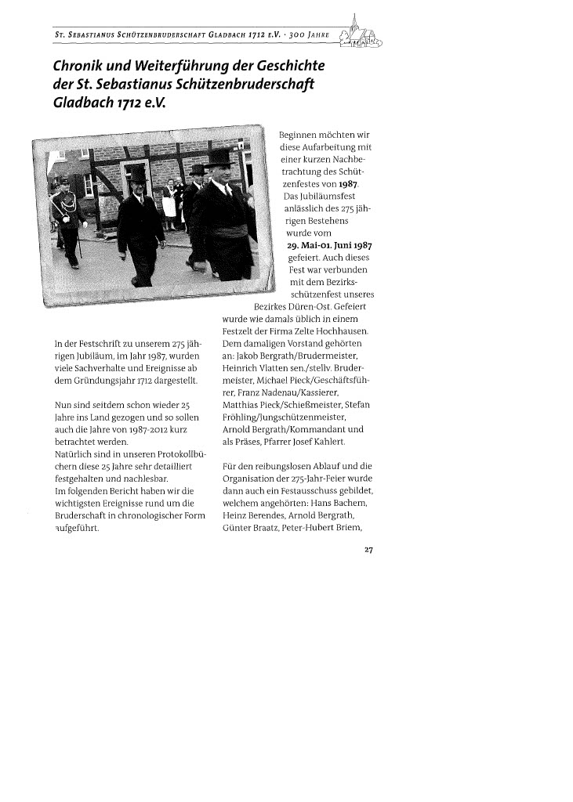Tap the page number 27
pyautogui.click(x=367, y=549)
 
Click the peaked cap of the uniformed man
pyautogui.click(x=64, y=181)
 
